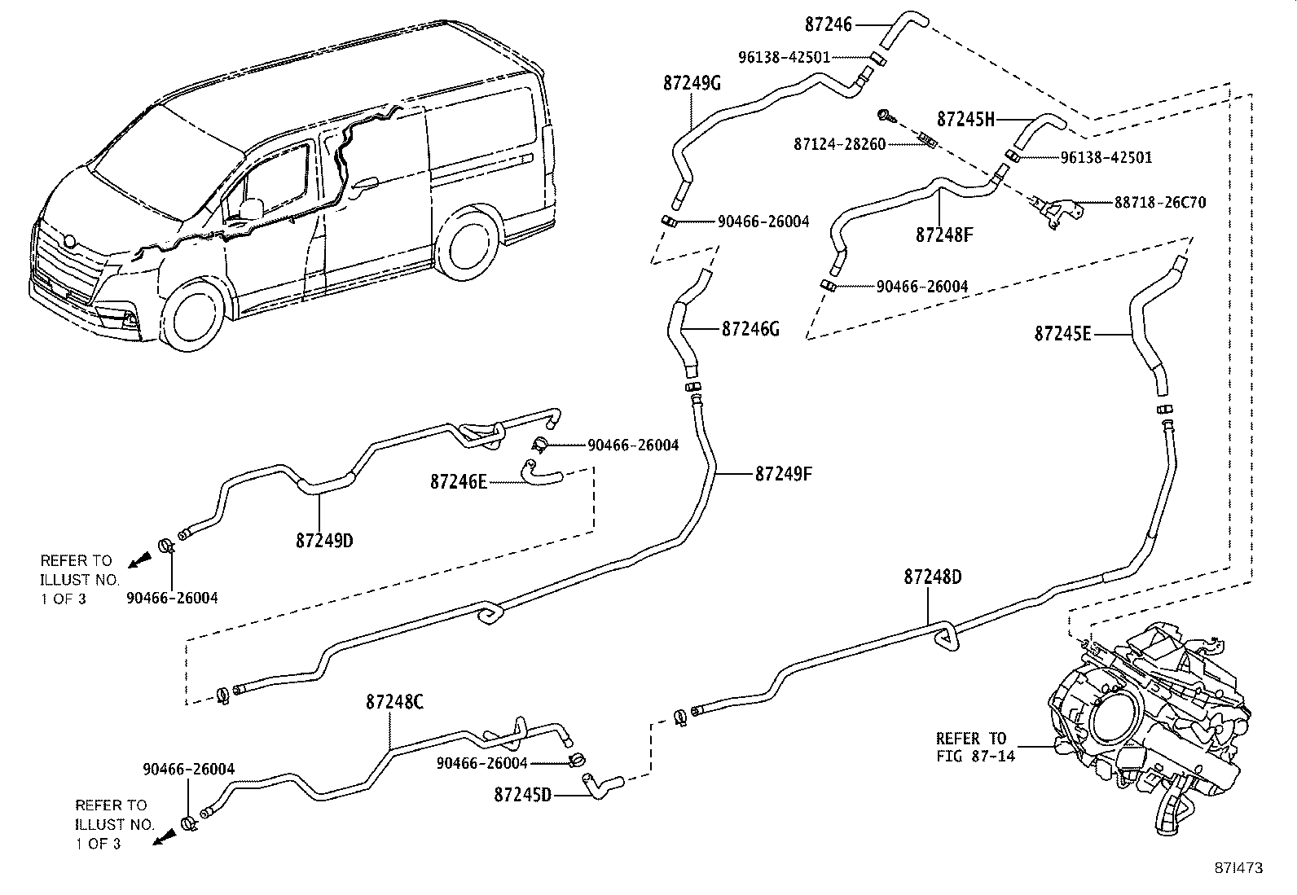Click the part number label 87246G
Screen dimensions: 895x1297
point(750,329)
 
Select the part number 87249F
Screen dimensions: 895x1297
point(784,473)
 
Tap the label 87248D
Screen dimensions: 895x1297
point(932,577)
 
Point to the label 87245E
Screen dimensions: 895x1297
point(1062,333)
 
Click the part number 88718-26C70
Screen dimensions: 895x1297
point(1160,202)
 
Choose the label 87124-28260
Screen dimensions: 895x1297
point(839,144)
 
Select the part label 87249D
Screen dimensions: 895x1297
point(324,541)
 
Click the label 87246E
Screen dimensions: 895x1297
point(459,482)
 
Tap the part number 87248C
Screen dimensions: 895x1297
point(394,701)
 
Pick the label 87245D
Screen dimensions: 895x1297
point(522,793)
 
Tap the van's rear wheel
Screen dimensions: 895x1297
point(464,242)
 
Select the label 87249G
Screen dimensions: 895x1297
point(692,83)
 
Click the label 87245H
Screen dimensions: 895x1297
point(966,119)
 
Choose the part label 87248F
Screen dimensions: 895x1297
point(944,235)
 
